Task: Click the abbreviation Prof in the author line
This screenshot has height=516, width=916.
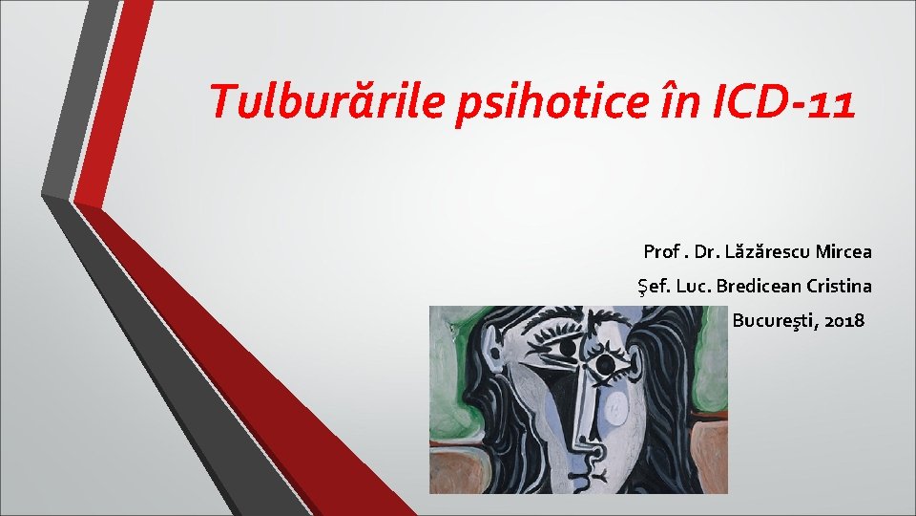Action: pyautogui.click(x=660, y=252)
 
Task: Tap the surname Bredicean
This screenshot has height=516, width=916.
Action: pyautogui.click(x=760, y=286)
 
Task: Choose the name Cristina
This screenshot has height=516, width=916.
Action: pyautogui.click(x=840, y=286)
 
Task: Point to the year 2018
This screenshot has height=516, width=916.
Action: pyautogui.click(x=844, y=319)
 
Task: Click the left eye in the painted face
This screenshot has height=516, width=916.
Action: pyautogui.click(x=568, y=349)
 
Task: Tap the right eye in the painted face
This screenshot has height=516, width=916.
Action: pyautogui.click(x=605, y=364)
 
